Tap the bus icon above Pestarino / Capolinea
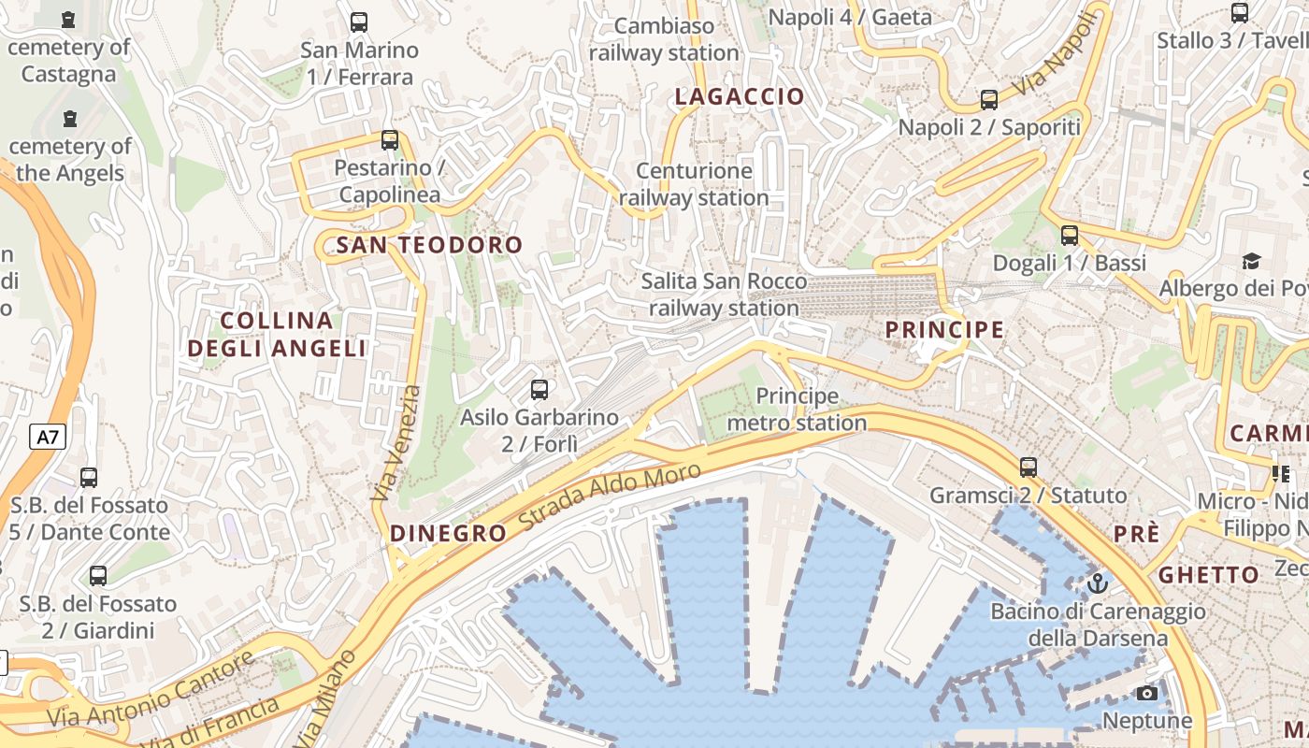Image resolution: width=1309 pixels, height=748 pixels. point(390,140)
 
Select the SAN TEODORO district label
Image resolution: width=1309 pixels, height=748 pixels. point(429,245)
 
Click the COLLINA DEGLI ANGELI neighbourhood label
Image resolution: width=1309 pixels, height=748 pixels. point(277,335)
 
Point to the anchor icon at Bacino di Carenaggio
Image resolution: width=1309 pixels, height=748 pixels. point(1098,584)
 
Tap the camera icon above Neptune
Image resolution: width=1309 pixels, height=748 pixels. point(1147,693)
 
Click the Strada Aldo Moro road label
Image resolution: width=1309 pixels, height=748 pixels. point(610,496)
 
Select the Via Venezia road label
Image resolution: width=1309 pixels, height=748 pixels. point(397,443)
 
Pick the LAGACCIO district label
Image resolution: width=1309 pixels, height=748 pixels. point(740,96)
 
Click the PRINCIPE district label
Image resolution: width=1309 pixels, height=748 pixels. point(944,329)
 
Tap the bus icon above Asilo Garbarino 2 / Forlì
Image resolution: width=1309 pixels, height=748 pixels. point(539,389)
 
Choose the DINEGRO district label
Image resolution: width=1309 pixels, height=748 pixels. point(448,534)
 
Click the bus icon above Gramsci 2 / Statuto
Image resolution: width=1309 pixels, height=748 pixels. point(1028,467)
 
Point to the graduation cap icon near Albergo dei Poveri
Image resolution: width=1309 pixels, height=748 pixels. point(1251,260)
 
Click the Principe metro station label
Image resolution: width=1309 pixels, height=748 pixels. point(797,410)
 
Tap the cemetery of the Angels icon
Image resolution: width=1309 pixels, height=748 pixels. point(70,119)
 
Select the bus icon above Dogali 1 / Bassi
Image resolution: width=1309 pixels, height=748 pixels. point(1070,236)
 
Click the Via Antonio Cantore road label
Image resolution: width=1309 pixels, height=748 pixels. point(150,691)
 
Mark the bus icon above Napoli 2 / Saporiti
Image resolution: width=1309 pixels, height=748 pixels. point(989,100)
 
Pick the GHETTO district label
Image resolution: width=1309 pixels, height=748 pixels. point(1209,575)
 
